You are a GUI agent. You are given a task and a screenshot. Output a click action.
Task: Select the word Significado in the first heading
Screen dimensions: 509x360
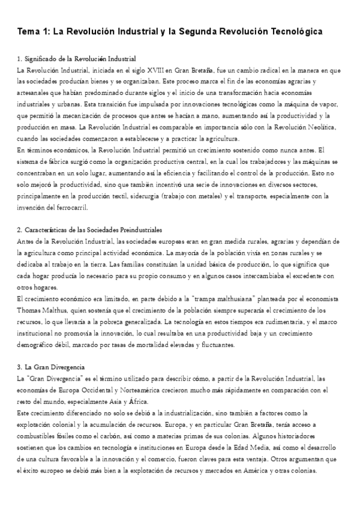pos(42,59)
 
